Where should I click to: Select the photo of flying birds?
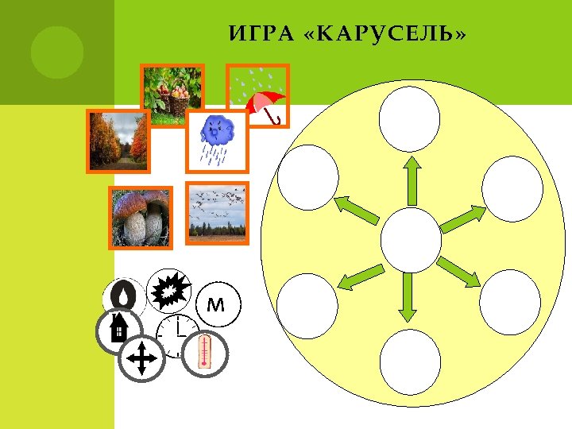[x=217, y=212]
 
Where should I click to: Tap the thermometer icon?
[x=204, y=353]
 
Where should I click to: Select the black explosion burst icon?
[x=170, y=292]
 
